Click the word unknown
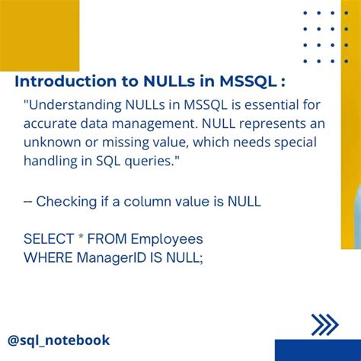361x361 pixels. [53, 143]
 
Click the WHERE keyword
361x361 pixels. [48, 257]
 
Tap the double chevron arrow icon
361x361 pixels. [325, 325]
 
